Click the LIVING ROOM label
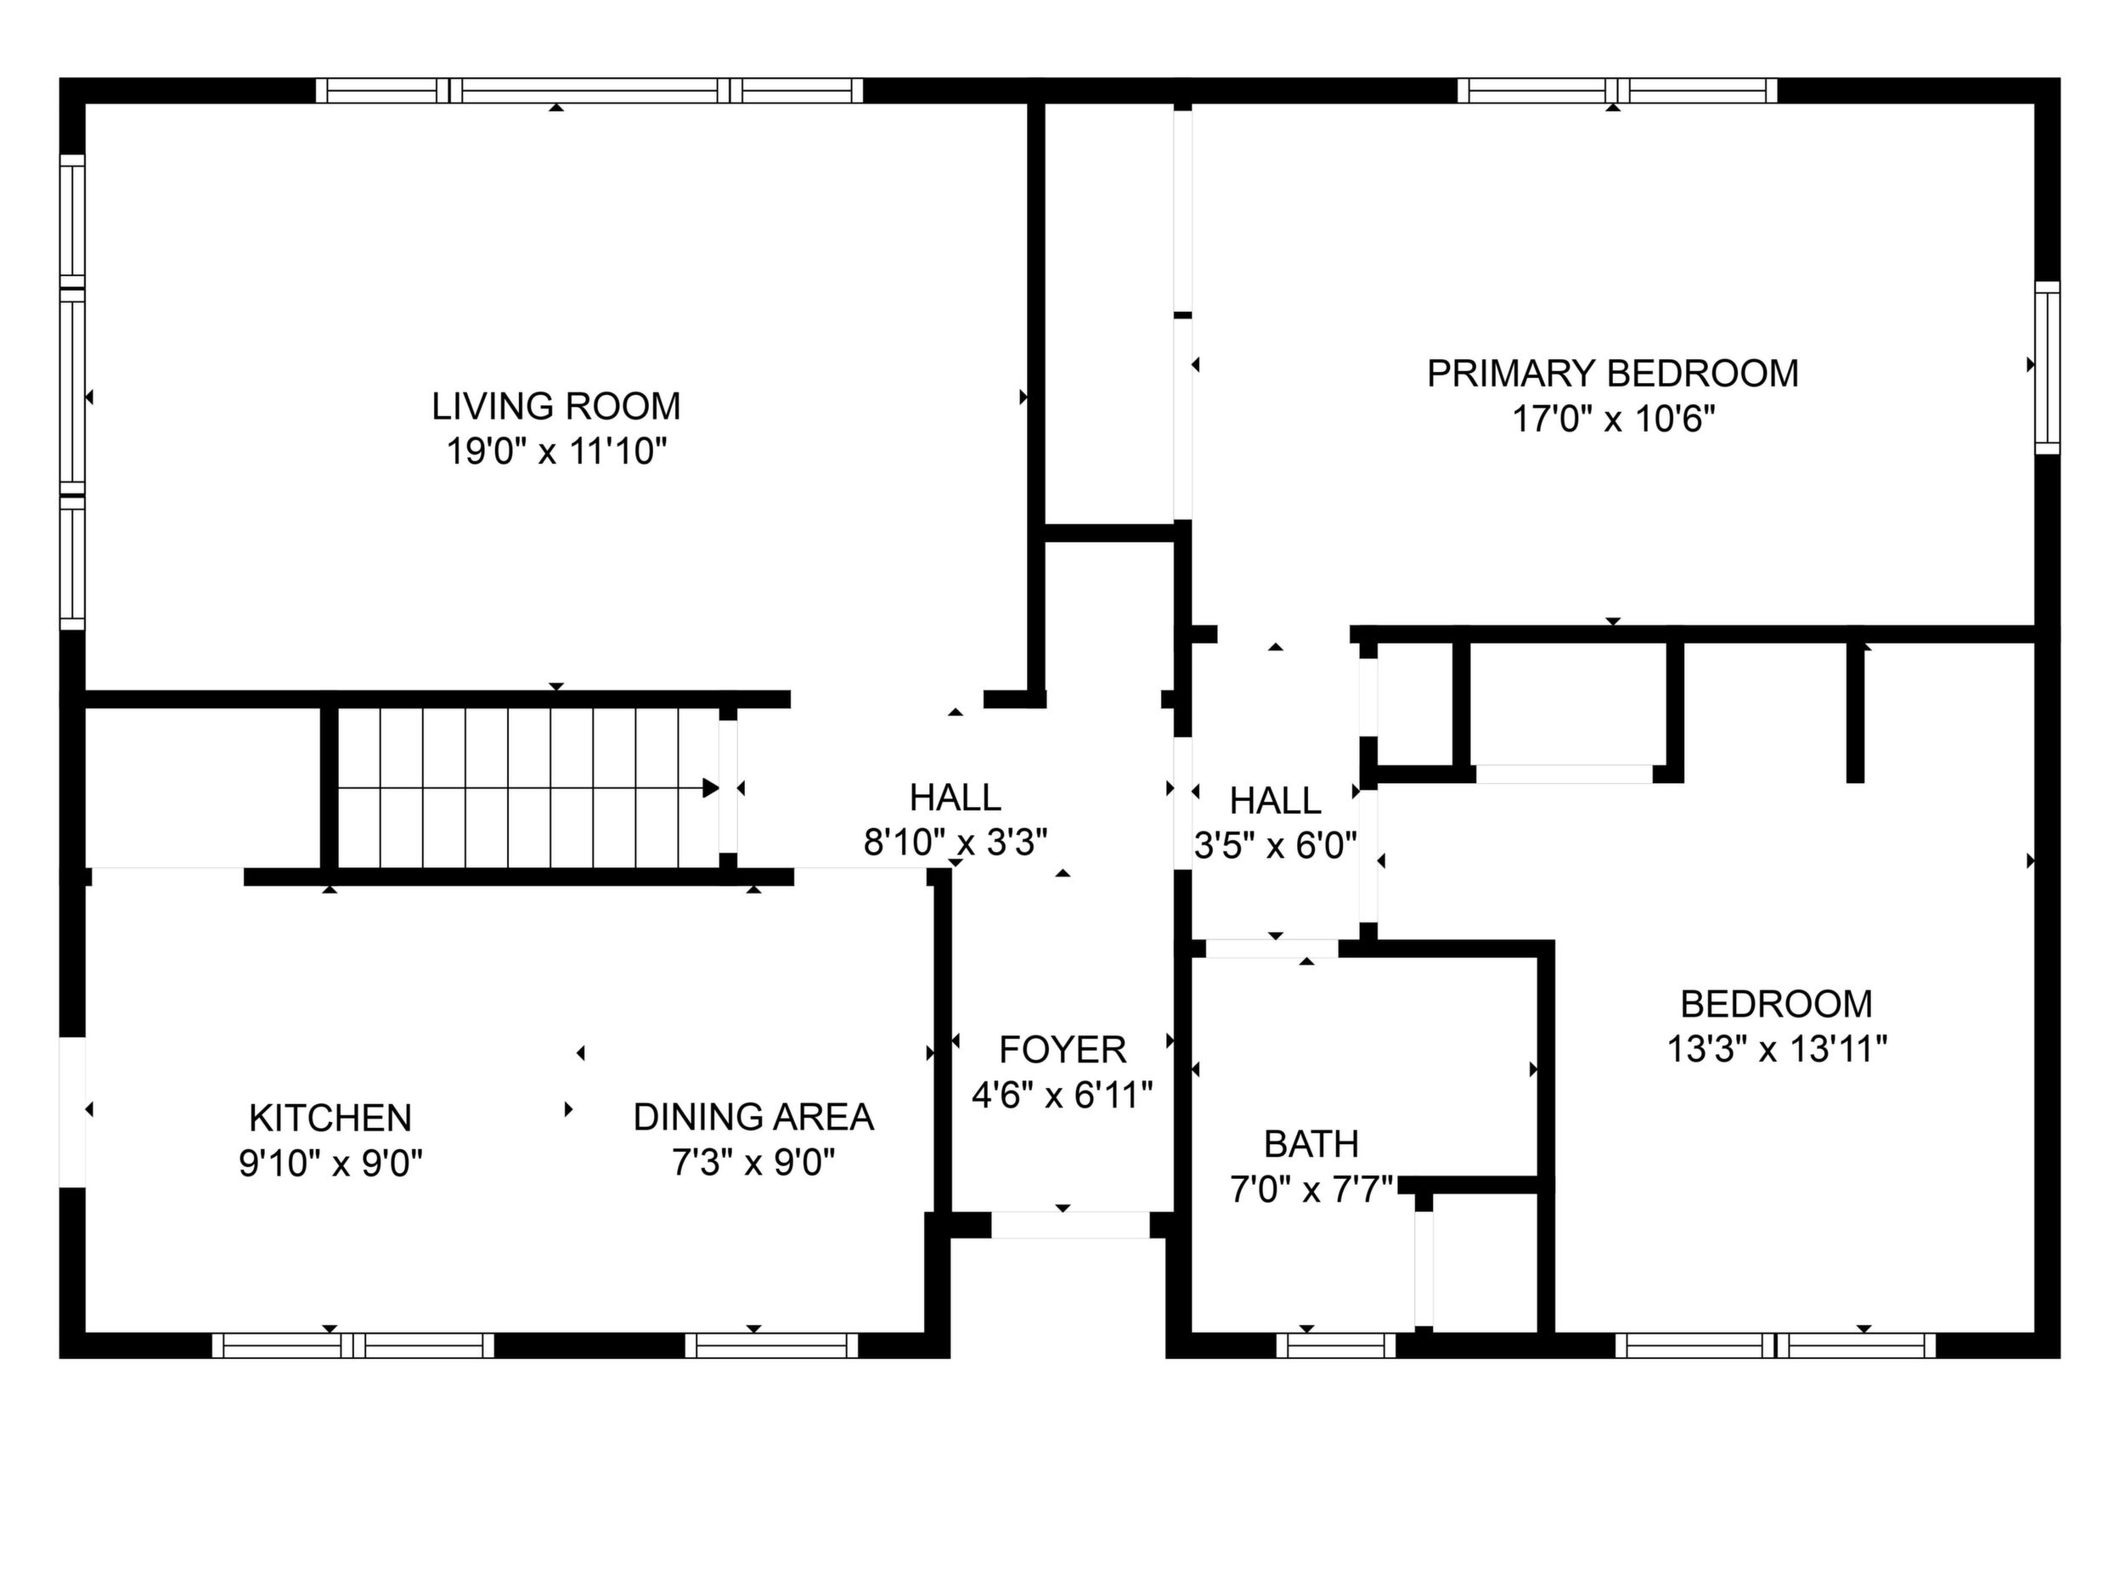pyautogui.click(x=555, y=406)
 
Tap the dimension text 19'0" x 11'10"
pyautogui.click(x=555, y=450)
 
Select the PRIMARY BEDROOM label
pyautogui.click(x=1613, y=374)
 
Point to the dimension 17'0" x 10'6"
pyautogui.click(x=1613, y=419)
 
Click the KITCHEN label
pyautogui.click(x=330, y=1118)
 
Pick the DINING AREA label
pyautogui.click(x=753, y=1118)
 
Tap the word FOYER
pyautogui.click(x=1062, y=1051)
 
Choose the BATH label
pyautogui.click(x=1311, y=1144)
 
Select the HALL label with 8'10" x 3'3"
pyautogui.click(x=956, y=798)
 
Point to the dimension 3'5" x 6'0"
pyautogui.click(x=1276, y=845)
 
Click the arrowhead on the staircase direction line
pyautogui.click(x=710, y=788)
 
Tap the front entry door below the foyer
pyautogui.click(x=1069, y=1225)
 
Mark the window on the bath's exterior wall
pyautogui.click(x=1336, y=1345)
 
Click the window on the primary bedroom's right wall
pyautogui.click(x=2047, y=368)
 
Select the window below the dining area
pyautogui.click(x=771, y=1345)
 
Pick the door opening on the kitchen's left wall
pyautogui.click(x=73, y=1112)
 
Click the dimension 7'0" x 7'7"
pyautogui.click(x=1311, y=1190)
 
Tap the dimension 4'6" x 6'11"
pyautogui.click(x=1062, y=1095)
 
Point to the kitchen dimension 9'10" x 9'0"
pyautogui.click(x=330, y=1164)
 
